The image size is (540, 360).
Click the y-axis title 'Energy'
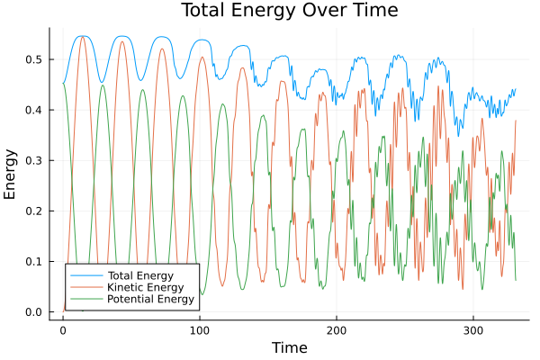tap(12, 175)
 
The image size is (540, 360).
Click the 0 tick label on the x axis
tap(63, 329)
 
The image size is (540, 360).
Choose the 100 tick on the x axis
tap(200, 329)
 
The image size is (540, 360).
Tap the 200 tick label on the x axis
tap(337, 329)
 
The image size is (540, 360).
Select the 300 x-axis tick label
tap(473, 329)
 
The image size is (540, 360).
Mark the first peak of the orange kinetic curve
tap(83, 37)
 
